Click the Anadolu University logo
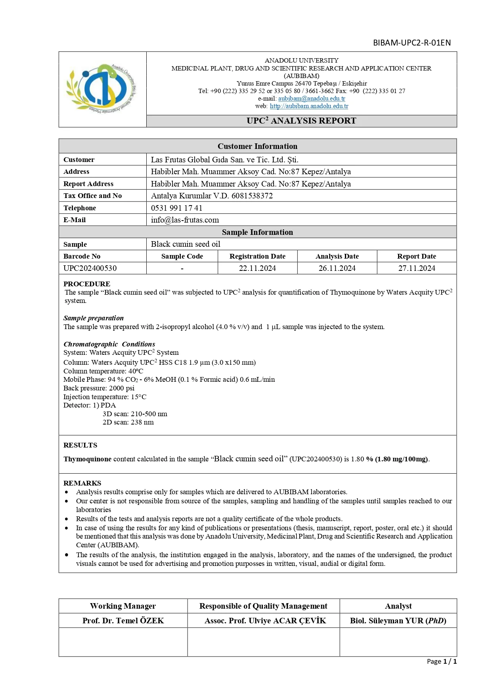102,89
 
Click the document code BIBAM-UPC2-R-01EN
412,43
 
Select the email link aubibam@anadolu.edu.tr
311,99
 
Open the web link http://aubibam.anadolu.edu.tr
309,106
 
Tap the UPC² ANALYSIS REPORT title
301,121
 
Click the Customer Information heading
257,146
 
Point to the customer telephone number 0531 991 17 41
176,208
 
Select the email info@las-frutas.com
185,220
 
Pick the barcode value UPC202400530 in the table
90,268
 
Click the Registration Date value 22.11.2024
257,268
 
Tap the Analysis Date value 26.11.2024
337,268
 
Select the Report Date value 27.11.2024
417,268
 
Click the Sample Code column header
182,256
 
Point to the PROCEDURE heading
87,284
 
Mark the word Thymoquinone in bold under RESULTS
87,459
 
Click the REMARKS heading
82,483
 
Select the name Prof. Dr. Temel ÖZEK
123,621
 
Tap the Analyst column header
398,606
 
